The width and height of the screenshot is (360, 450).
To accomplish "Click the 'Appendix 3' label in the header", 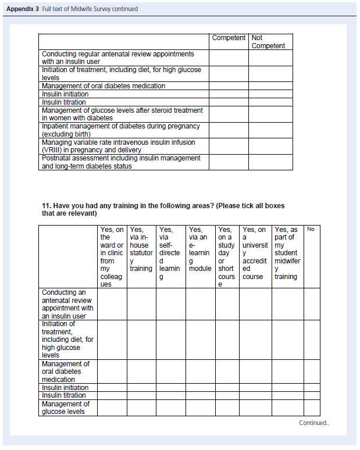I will pyautogui.click(x=23, y=9).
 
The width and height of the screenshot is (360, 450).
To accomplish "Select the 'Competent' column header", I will pyautogui.click(x=229, y=38).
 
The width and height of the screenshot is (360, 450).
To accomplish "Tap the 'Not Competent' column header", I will pyautogui.click(x=268, y=42).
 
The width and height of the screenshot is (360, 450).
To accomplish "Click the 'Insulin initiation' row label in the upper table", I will pyautogui.click(x=65, y=94).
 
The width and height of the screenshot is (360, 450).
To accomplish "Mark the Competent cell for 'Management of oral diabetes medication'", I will pyautogui.click(x=229, y=86).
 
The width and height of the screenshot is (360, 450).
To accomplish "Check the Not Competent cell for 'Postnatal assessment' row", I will pyautogui.click(x=271, y=162).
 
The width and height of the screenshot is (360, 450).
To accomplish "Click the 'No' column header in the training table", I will pyautogui.click(x=311, y=229).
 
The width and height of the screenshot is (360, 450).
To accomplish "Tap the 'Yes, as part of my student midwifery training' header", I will pyautogui.click(x=288, y=253).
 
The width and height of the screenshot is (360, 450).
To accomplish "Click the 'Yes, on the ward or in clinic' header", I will pyautogui.click(x=112, y=256).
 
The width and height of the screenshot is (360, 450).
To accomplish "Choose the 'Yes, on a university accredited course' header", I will pyautogui.click(x=255, y=253).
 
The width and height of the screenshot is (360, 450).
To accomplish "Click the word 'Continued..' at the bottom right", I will pyautogui.click(x=314, y=423).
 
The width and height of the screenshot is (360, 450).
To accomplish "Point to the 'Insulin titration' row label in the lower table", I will pyautogui.click(x=65, y=395).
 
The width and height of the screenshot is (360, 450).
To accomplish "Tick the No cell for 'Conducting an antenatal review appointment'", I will pyautogui.click(x=312, y=304).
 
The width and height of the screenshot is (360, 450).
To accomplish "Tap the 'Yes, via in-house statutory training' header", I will pyautogui.click(x=141, y=249).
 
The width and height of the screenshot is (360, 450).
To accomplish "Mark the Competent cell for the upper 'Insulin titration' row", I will pyautogui.click(x=229, y=102).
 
